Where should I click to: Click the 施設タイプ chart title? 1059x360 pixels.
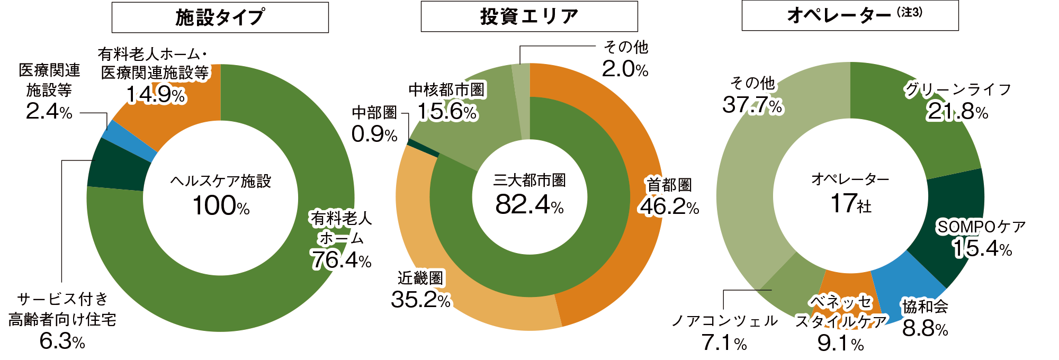click(x=220, y=17)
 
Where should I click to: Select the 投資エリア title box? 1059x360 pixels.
click(x=529, y=16)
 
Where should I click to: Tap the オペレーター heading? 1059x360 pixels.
click(x=850, y=15)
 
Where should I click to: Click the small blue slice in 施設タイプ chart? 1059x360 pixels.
click(x=129, y=141)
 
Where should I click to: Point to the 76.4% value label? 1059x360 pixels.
click(x=341, y=260)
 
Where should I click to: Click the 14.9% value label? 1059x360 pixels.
click(x=156, y=95)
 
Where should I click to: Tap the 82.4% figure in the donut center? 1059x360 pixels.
click(x=529, y=204)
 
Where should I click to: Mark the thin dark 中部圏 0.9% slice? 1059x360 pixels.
click(x=423, y=148)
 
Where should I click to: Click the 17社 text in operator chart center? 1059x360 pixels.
click(x=850, y=203)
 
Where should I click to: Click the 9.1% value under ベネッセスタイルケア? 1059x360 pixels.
click(x=840, y=343)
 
